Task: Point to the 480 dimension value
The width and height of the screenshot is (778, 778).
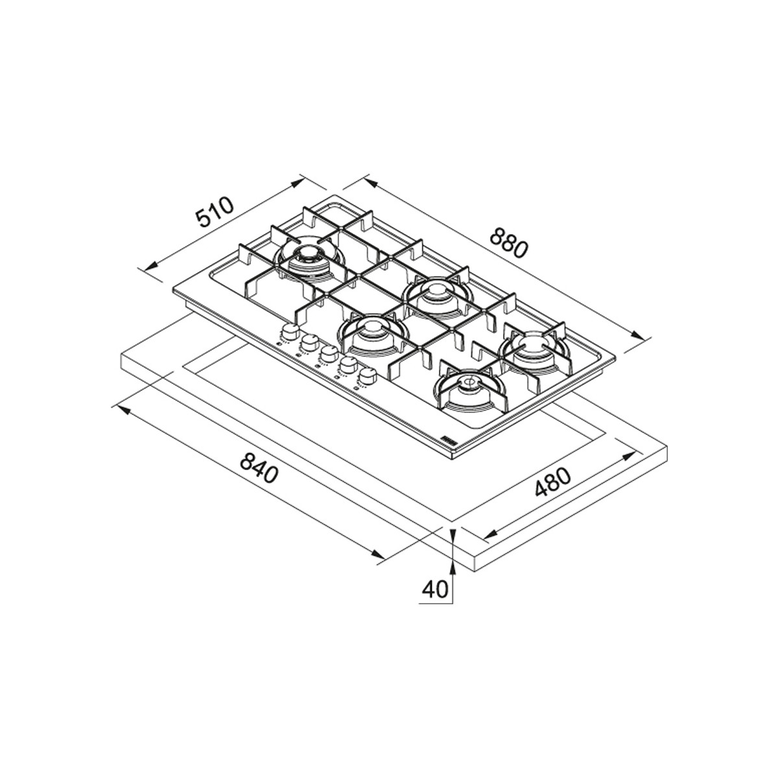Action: click(x=553, y=482)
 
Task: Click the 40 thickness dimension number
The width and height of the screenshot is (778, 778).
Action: click(x=435, y=589)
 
